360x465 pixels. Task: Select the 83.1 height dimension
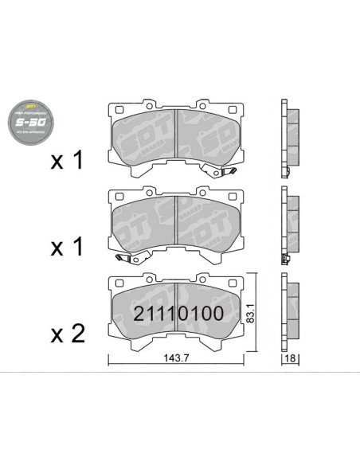(x=252, y=314)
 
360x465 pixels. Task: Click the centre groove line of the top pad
(x=174, y=139)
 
